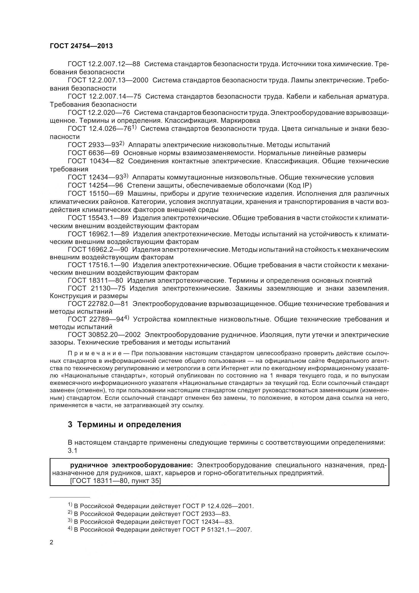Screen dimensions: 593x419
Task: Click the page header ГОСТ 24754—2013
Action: pos(81,46)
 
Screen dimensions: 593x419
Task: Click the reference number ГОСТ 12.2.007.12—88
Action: pos(104,64)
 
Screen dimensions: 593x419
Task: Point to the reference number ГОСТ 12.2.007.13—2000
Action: pos(108,80)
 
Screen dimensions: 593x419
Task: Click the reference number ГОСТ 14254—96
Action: pos(96,185)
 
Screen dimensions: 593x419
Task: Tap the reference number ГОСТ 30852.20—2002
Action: pos(104,335)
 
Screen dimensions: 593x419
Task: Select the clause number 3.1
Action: pos(72,451)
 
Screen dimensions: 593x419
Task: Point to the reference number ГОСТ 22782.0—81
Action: pos(98,304)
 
